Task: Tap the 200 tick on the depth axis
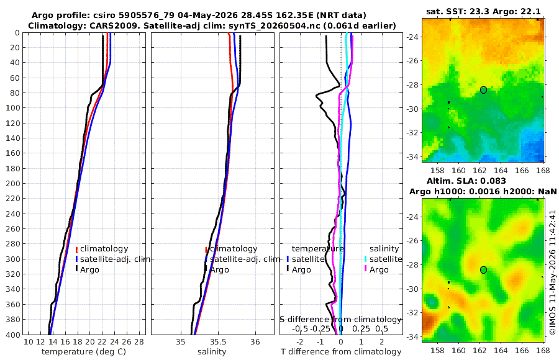[x=13, y=183]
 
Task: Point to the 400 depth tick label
[x=13, y=335]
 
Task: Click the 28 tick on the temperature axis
[x=139, y=342]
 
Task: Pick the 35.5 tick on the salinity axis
[x=218, y=342]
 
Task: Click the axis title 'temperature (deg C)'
[x=84, y=352]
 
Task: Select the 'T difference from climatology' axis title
[x=341, y=352]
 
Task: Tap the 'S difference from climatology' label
[x=340, y=320]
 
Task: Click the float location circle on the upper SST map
[x=483, y=90]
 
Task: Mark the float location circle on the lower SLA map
[x=483, y=270]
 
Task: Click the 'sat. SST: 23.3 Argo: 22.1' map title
[x=483, y=12]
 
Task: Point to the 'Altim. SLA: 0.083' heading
[x=466, y=181]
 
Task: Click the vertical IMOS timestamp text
[x=553, y=272]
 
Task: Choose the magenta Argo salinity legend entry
[x=376, y=269]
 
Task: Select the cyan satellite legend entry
[x=383, y=259]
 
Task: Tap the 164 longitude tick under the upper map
[x=501, y=170]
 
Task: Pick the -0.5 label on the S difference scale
[x=300, y=328]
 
